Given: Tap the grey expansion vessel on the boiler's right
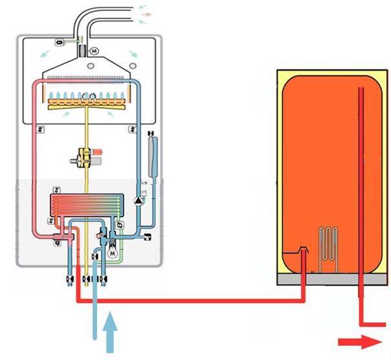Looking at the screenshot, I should click(152, 155).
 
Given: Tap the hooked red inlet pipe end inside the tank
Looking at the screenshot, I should click(302, 249).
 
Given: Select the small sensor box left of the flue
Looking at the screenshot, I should click(60, 42).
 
